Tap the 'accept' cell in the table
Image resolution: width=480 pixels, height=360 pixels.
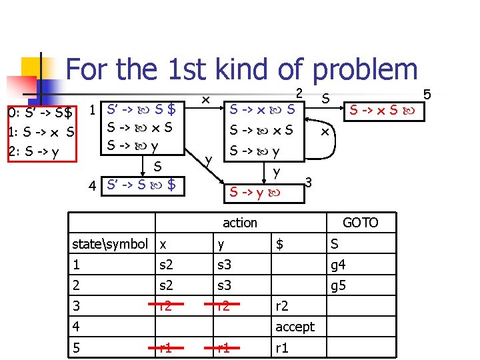click(294, 326)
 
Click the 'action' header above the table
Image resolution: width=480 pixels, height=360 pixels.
click(239, 223)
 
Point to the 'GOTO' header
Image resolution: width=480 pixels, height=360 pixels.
click(360, 223)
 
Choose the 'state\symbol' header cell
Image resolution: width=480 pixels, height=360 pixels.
click(109, 244)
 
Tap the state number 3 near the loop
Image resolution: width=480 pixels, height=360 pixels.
click(309, 181)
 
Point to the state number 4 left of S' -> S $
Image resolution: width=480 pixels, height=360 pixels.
click(94, 185)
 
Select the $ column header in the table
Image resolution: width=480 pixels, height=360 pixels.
click(280, 244)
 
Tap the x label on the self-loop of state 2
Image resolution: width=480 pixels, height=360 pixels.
click(325, 131)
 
